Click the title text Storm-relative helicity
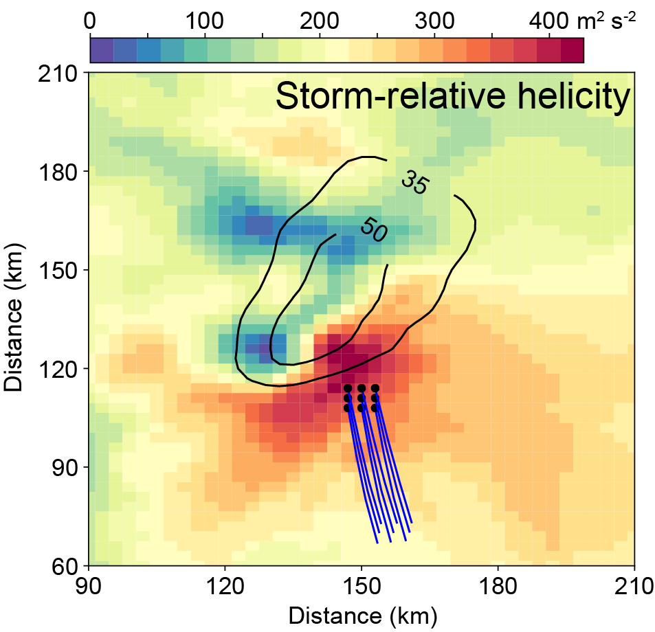(452, 98)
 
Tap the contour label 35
(414, 185)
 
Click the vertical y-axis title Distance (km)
(15, 319)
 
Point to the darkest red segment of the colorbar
(572, 50)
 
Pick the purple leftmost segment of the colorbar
(102, 50)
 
